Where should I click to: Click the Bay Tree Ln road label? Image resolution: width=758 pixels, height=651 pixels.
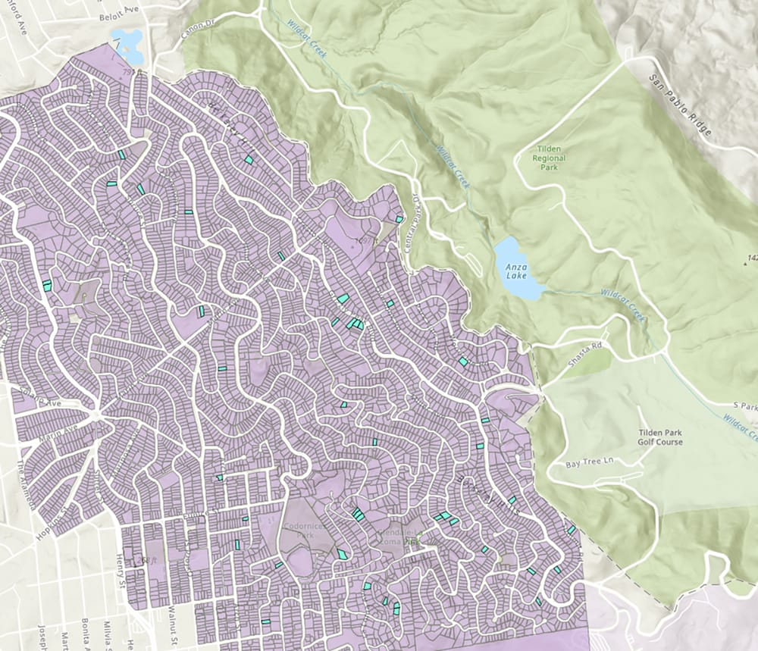(589, 462)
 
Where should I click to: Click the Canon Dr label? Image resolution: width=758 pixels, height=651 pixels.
(195, 30)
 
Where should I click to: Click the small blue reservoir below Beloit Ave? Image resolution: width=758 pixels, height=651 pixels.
(127, 45)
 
